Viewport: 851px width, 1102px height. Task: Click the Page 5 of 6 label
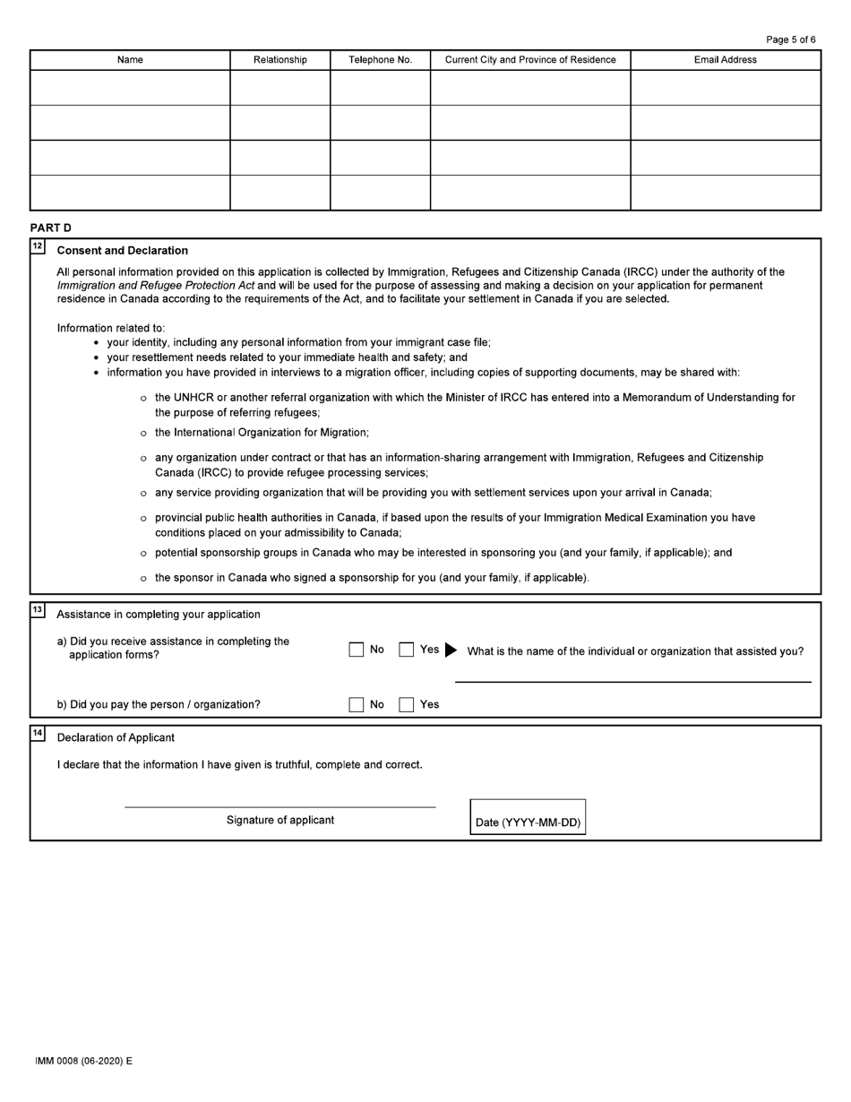(791, 39)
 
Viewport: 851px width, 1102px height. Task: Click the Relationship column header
(279, 60)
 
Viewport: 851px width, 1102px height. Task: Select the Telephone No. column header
(380, 60)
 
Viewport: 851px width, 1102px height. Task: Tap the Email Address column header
(725, 60)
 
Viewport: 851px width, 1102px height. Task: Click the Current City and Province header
(530, 60)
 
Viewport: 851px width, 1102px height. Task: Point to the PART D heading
(50, 228)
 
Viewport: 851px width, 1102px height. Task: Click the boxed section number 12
(38, 245)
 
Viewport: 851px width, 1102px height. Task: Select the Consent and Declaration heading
(122, 251)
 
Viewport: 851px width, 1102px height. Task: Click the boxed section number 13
(38, 609)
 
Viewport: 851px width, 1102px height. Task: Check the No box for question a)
(357, 650)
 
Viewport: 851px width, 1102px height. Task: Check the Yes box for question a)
(407, 650)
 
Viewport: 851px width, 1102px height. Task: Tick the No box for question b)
(357, 704)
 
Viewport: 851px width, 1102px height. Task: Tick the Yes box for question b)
(407, 704)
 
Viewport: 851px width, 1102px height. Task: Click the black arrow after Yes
(450, 650)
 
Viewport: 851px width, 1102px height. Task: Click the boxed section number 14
(38, 733)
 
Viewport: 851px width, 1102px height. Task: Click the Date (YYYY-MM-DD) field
(528, 817)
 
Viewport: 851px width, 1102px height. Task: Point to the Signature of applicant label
(280, 820)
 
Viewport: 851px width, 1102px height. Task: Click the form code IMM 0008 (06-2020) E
(83, 1061)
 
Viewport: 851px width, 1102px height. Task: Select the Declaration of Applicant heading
(116, 737)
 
